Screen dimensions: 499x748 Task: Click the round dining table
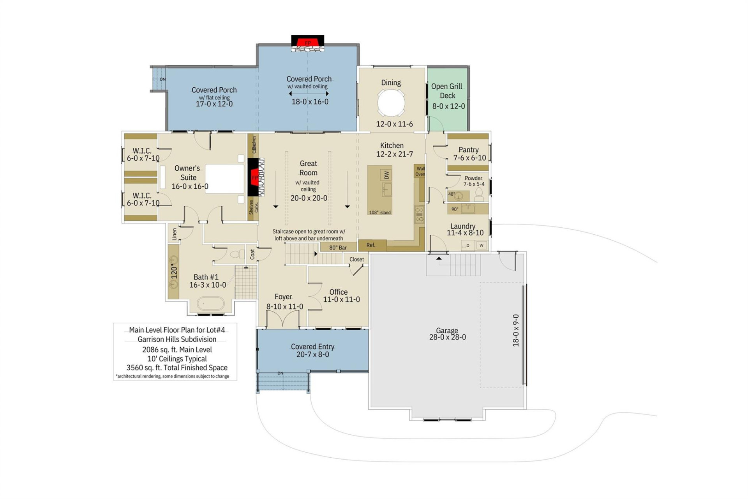pyautogui.click(x=391, y=103)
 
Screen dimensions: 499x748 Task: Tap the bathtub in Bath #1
pyautogui.click(x=210, y=303)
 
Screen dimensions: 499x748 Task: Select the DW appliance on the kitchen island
pyautogui.click(x=386, y=175)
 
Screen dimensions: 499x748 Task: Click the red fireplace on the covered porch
pyautogui.click(x=308, y=42)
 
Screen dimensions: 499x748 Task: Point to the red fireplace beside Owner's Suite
pyautogui.click(x=255, y=177)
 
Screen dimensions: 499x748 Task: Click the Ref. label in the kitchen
pyautogui.click(x=371, y=245)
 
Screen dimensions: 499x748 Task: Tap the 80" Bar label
pyautogui.click(x=338, y=248)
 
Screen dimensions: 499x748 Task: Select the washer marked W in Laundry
pyautogui.click(x=482, y=245)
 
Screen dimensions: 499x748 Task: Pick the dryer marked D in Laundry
pyautogui.click(x=468, y=245)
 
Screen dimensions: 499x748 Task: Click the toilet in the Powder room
pyautogui.click(x=479, y=194)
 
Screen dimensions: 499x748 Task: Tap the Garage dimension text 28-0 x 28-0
pyautogui.click(x=447, y=337)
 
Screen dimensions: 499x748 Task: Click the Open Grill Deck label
pyautogui.click(x=447, y=91)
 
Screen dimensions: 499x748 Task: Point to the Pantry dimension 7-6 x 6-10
pyautogui.click(x=469, y=158)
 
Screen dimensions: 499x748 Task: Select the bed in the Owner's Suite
pyautogui.click(x=224, y=179)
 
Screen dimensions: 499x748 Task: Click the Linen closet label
pyautogui.click(x=175, y=234)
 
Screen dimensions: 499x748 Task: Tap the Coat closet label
pyautogui.click(x=252, y=255)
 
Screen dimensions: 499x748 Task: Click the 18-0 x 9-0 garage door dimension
pyautogui.click(x=516, y=331)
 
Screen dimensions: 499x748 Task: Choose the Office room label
pyautogui.click(x=338, y=292)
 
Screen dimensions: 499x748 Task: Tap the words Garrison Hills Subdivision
pyautogui.click(x=177, y=339)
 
